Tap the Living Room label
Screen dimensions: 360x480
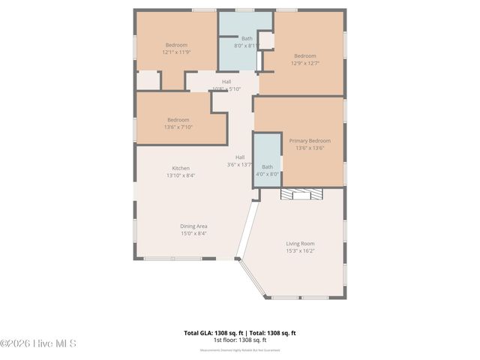300,243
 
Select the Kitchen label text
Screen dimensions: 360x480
181,168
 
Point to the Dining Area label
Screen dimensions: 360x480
193,226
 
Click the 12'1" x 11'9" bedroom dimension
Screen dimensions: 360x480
176,52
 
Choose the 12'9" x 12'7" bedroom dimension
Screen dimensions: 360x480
304,64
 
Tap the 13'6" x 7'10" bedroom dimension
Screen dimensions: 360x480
178,127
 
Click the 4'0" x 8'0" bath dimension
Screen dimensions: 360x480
267,174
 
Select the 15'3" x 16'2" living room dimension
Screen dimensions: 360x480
300,251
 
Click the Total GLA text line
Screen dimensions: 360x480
240,332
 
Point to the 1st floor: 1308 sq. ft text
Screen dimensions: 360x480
240,340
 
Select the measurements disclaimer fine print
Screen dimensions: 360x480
240,349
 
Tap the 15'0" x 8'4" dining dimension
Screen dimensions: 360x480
193,234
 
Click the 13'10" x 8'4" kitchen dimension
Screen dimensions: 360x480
181,175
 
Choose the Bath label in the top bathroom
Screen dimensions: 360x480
246,38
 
